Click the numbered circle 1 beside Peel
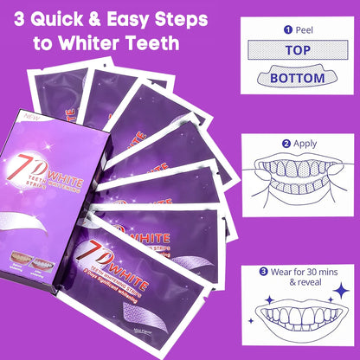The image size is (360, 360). pyautogui.click(x=276, y=29)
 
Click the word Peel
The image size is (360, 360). pyautogui.click(x=292, y=29)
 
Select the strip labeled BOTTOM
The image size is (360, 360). pyautogui.click(x=298, y=78)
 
